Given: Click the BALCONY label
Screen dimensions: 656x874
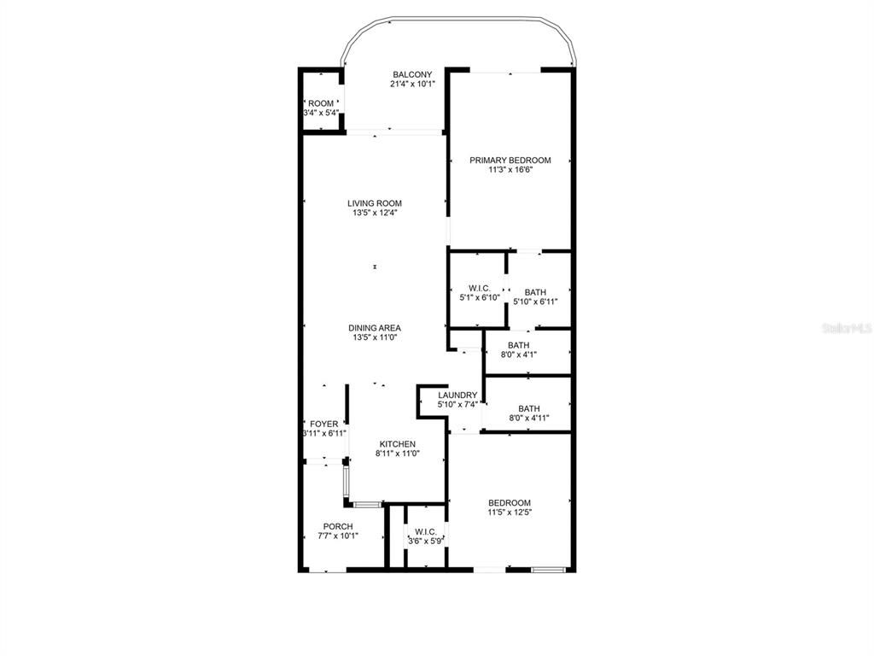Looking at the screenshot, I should click(x=412, y=74).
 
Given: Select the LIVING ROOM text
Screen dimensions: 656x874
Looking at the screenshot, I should click(x=374, y=203).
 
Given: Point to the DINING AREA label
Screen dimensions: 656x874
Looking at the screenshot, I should click(x=374, y=328).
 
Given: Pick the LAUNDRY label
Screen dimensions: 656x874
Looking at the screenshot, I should click(x=457, y=395).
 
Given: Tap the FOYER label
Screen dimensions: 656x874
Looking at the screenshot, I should click(x=324, y=424).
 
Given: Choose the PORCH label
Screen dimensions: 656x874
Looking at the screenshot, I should click(x=338, y=526).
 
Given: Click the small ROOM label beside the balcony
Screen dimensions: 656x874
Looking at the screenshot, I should click(x=321, y=103).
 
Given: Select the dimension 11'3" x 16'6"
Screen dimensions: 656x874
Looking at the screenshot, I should click(x=510, y=170).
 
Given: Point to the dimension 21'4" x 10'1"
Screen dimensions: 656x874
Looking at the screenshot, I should click(x=412, y=85).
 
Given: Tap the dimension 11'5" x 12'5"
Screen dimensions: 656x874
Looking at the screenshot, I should click(x=509, y=512).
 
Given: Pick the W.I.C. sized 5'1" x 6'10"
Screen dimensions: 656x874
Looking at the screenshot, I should click(x=479, y=293).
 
